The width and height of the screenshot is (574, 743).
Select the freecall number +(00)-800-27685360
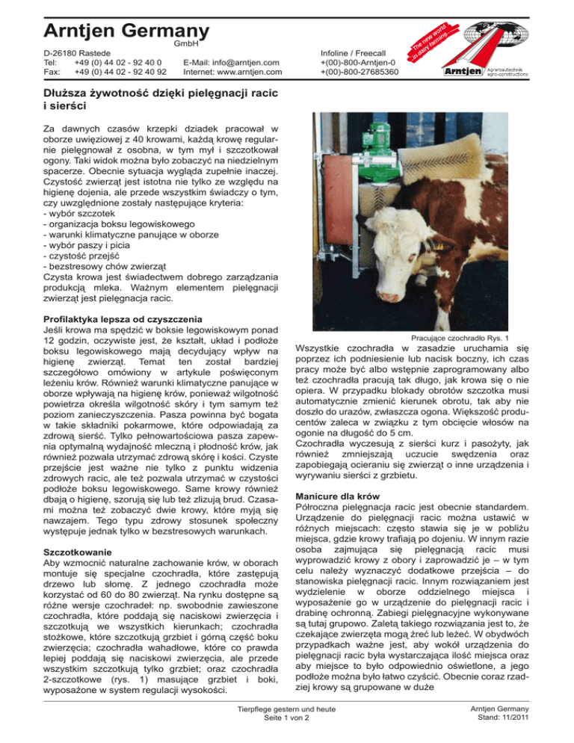[x=359, y=73]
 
